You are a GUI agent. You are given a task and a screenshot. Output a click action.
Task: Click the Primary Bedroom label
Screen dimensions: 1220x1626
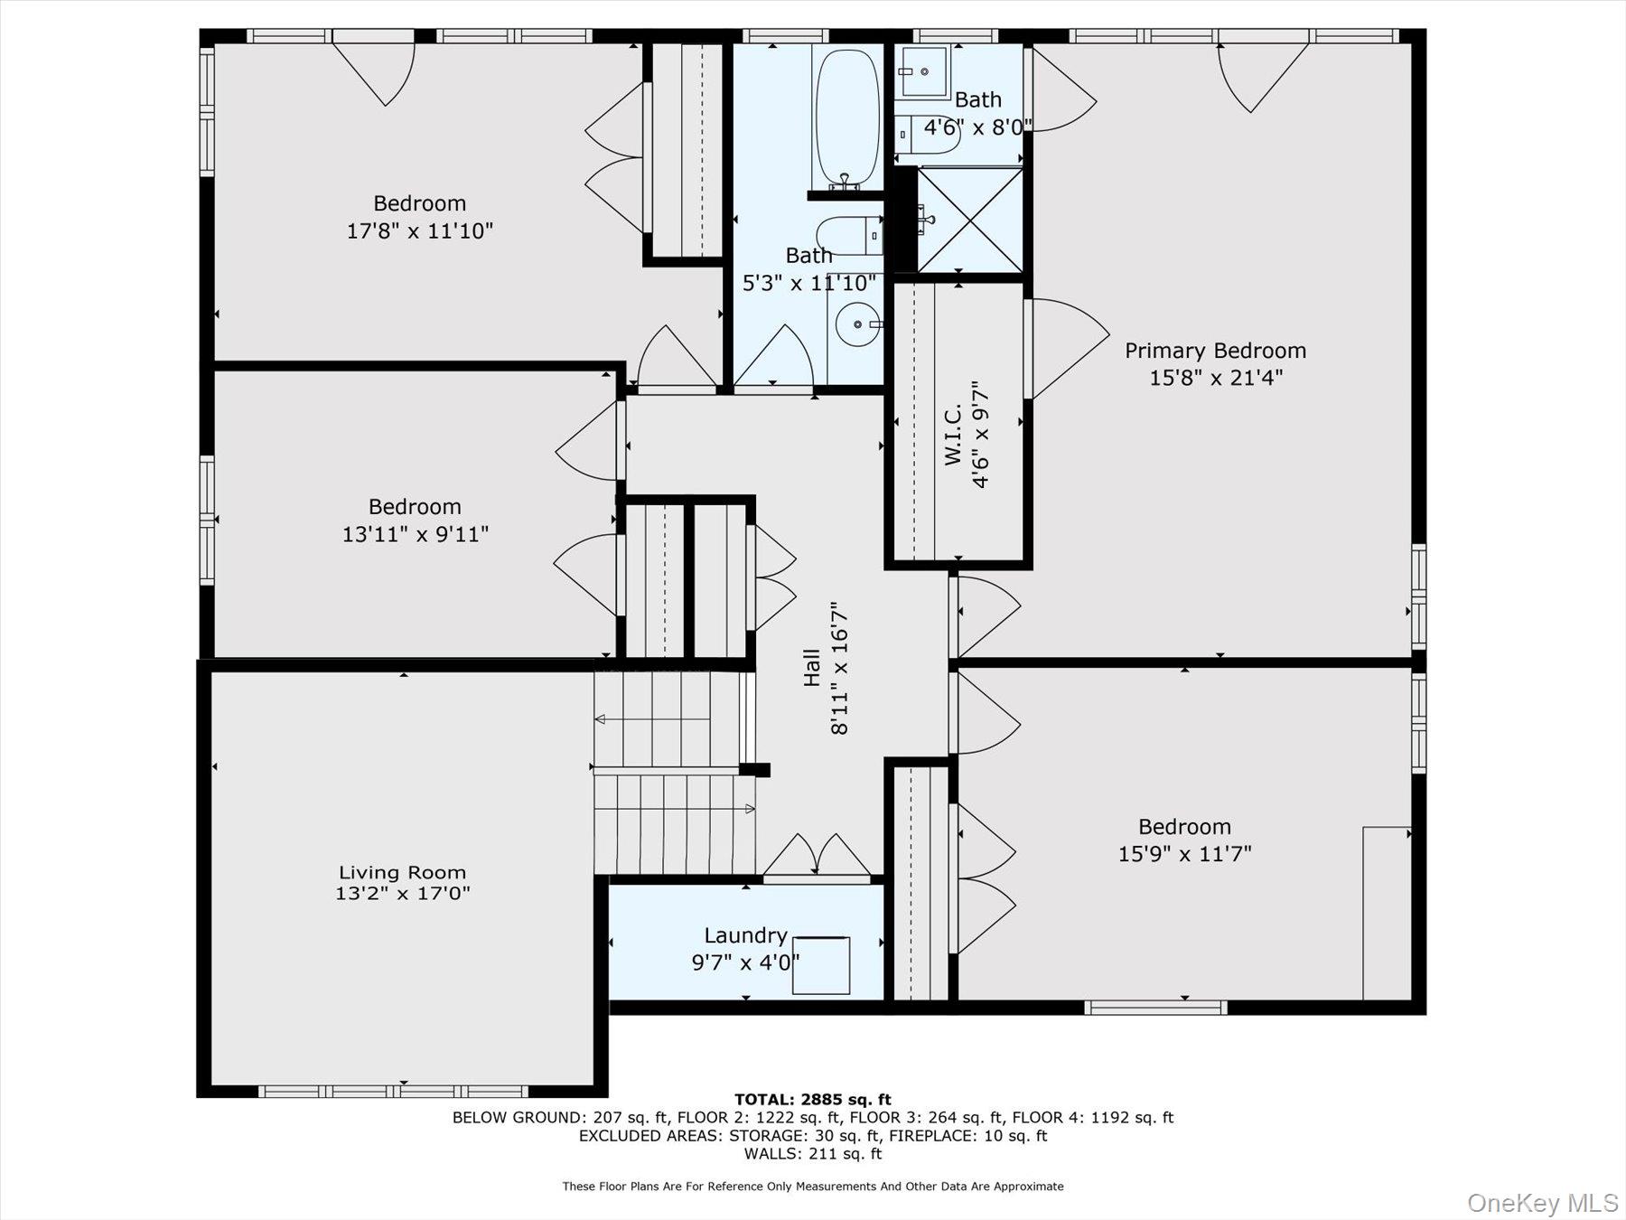1215,351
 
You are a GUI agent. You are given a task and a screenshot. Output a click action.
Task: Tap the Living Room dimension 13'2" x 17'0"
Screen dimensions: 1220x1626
402,894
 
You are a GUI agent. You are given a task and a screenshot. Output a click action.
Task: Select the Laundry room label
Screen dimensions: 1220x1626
745,935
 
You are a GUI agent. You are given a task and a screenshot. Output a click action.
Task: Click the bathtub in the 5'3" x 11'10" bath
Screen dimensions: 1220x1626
846,117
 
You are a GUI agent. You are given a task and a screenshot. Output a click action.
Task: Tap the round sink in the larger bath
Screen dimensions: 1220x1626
857,324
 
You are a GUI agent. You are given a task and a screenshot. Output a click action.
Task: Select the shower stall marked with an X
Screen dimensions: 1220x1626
970,220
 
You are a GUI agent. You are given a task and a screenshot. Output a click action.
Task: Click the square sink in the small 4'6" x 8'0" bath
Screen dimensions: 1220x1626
923,70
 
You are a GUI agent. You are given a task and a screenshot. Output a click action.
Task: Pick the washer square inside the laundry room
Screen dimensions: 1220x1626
821,965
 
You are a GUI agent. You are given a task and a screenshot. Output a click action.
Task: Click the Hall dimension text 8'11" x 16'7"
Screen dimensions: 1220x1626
839,669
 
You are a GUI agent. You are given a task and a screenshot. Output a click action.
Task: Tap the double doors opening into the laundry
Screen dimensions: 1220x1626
817,857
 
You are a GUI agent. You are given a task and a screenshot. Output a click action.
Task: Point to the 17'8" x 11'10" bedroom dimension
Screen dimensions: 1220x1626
419,230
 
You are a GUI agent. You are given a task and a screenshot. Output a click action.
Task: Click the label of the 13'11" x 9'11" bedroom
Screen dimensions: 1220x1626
415,507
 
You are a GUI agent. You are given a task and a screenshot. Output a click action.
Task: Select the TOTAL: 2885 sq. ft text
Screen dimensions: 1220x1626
812,1099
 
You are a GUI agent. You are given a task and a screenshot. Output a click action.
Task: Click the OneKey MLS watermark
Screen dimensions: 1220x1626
1542,1203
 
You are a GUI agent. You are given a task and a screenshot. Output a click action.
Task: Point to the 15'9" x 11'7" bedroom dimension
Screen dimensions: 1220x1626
1184,853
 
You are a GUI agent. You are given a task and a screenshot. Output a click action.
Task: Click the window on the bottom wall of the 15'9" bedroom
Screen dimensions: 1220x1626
1155,1007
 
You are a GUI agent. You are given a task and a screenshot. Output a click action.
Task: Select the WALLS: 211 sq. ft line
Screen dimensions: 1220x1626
812,1153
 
